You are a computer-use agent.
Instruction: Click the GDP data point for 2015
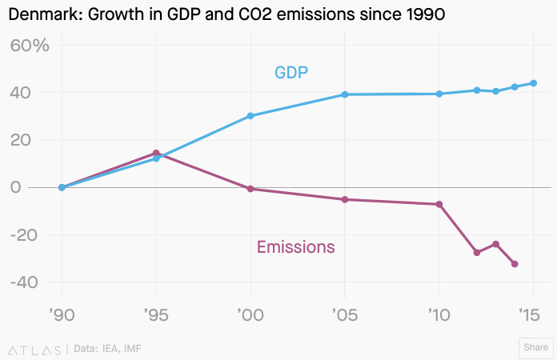coord(533,83)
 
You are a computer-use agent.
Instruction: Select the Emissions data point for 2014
coord(515,264)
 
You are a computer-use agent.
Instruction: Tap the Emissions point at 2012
coord(477,253)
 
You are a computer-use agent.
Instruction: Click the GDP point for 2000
coord(250,115)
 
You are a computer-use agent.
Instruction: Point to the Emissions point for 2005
coord(345,199)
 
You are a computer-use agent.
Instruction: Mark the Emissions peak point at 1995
coord(156,153)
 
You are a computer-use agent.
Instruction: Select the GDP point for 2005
coord(345,94)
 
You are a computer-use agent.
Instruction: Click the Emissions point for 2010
coord(439,204)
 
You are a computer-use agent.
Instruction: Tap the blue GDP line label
coord(291,73)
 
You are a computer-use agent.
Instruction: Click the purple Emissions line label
coord(295,247)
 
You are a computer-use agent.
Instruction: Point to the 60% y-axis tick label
coord(30,46)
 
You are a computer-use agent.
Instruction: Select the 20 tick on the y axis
coord(33,140)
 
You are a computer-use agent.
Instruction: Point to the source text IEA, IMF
coord(122,349)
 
